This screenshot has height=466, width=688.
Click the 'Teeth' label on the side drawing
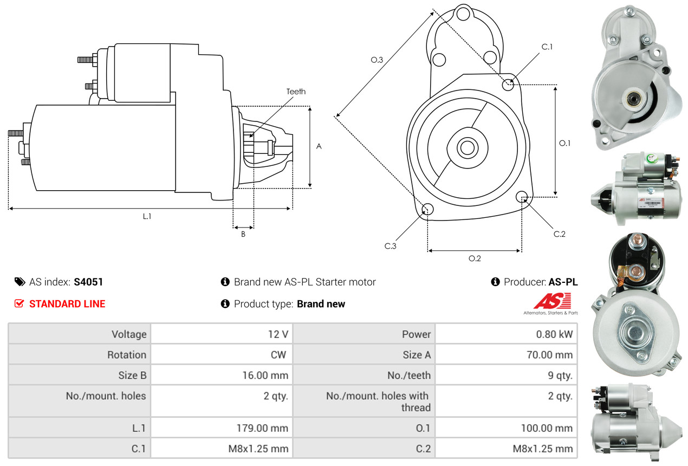(296, 92)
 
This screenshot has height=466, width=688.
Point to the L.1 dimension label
(147, 216)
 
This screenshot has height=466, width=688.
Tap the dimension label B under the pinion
(243, 234)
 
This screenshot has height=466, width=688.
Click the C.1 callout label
(547, 47)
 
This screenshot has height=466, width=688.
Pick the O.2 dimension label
(475, 258)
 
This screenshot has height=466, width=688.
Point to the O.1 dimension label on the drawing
(565, 143)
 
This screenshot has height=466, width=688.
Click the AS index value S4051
(88, 282)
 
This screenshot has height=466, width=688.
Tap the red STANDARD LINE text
(67, 304)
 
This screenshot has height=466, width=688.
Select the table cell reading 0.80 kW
(554, 334)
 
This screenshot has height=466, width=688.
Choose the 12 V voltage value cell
(277, 334)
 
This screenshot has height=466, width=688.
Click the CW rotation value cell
(281, 355)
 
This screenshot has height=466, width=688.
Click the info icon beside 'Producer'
(495, 282)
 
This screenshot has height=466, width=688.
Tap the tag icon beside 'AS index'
(20, 282)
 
